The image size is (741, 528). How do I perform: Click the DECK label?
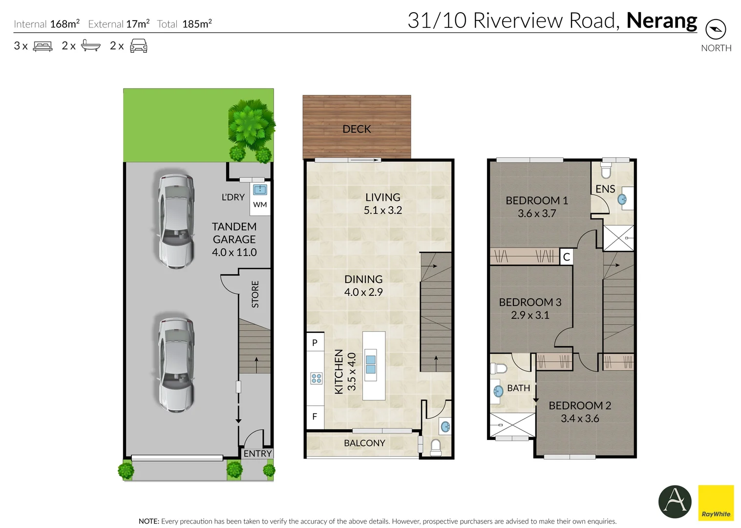357,129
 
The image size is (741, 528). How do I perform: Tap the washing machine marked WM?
260,205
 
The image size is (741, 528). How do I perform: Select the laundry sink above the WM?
260,190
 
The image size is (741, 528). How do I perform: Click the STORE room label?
255,294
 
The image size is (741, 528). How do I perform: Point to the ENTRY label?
258,454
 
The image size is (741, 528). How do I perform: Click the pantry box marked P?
315,343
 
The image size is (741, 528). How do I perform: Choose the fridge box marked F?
315,417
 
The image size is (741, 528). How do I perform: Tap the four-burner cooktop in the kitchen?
317,378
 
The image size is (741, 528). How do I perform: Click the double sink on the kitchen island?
371,365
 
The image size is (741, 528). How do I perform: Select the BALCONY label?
364,443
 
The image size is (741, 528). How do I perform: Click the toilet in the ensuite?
606,170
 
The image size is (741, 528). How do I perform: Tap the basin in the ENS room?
622,199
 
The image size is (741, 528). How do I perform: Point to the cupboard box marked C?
566,257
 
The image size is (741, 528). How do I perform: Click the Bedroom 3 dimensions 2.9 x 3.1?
530,315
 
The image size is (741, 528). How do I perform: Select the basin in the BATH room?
498,391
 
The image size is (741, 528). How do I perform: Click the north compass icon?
716,29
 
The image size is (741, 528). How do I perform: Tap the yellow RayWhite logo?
716,503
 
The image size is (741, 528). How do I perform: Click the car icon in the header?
139,45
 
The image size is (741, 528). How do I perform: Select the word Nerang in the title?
661,21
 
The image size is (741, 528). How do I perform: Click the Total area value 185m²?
197,24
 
